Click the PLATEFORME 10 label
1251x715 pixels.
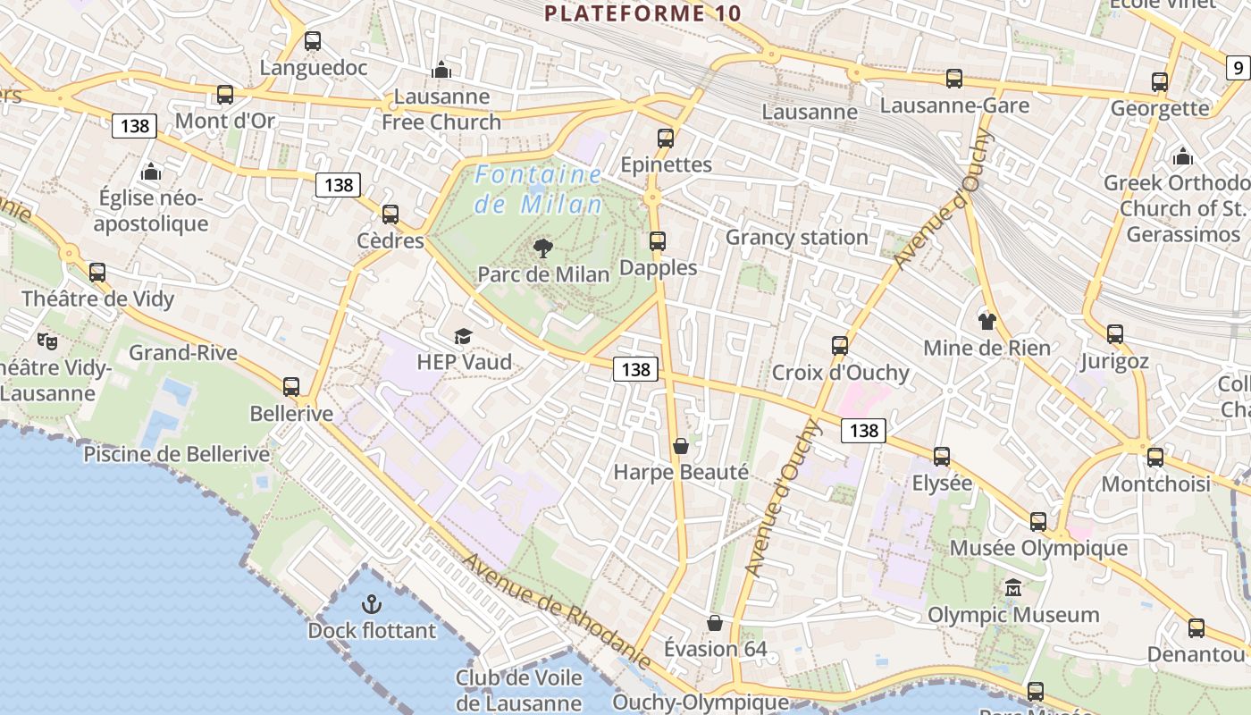tap(642, 13)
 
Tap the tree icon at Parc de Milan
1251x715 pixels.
tap(542, 248)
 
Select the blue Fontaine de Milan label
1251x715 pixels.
tap(538, 189)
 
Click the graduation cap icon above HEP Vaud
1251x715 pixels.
tap(463, 336)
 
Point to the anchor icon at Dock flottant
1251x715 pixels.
tap(371, 604)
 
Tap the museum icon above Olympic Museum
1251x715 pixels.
tap(1013, 588)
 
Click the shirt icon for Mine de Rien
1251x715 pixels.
tap(987, 322)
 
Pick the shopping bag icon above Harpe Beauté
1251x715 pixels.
tap(681, 445)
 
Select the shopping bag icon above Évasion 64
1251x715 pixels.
tap(714, 622)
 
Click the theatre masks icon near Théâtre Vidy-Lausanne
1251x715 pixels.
tap(46, 341)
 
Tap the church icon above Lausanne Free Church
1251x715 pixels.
tap(441, 70)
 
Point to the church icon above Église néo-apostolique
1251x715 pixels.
tap(151, 171)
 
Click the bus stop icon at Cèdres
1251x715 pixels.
tap(390, 214)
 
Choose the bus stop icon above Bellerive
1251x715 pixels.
tap(291, 387)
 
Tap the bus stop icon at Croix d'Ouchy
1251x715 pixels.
tap(840, 346)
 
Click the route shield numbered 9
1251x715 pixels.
tap(1238, 67)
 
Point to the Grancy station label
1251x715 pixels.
tap(796, 237)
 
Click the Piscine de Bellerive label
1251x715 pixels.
tap(176, 454)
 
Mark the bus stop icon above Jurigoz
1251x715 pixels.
tap(1115, 334)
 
